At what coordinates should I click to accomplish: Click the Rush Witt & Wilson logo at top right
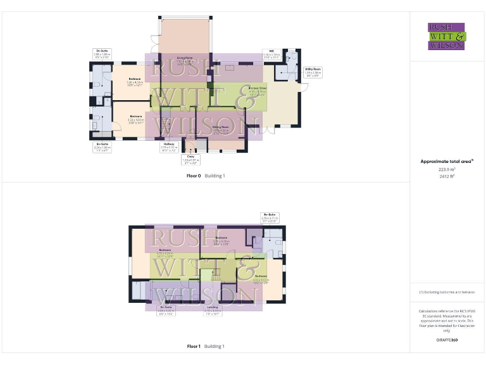[447, 36]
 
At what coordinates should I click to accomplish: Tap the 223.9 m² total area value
[447, 169]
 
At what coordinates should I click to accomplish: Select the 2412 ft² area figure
[447, 176]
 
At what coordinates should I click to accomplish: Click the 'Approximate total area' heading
[447, 162]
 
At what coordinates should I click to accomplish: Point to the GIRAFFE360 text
[447, 340]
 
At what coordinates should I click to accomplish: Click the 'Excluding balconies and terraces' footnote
[447, 292]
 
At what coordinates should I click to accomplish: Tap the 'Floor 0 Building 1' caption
[206, 176]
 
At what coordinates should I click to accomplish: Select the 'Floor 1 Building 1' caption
[206, 347]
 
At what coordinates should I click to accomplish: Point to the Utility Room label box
[313, 72]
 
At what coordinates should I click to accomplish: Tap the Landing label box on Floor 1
[212, 310]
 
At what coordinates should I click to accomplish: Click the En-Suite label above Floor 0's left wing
[101, 54]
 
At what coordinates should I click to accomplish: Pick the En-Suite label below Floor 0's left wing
[101, 148]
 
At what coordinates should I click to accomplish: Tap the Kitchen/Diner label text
[258, 89]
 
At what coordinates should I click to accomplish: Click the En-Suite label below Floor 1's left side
[166, 310]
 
